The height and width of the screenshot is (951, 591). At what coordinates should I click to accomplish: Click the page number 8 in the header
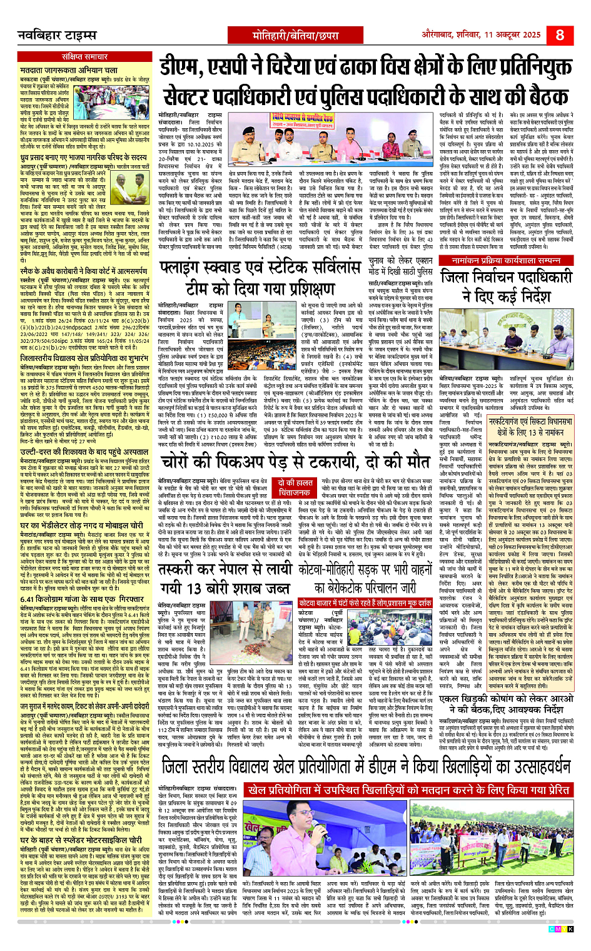pos(559,34)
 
